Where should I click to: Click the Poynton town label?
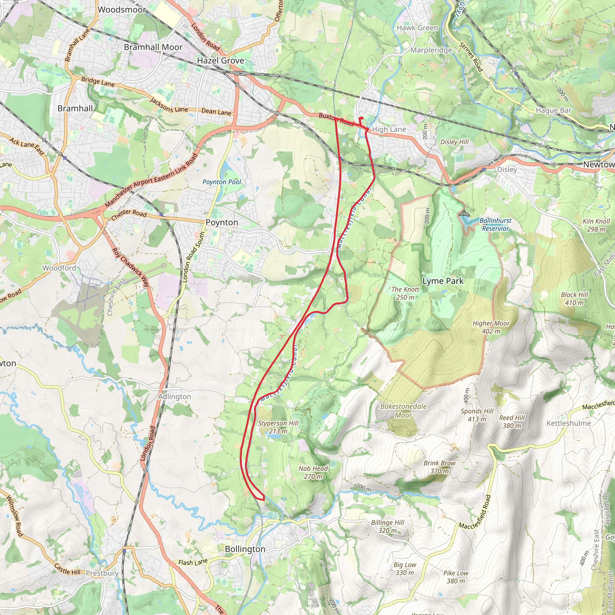[x=222, y=222]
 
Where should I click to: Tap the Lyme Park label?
[x=443, y=281]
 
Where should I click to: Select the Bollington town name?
[x=245, y=549]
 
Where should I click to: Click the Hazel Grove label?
[x=220, y=60]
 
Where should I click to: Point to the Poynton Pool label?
[x=222, y=182]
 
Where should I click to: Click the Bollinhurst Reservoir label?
[x=495, y=224]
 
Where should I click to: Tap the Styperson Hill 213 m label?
[x=278, y=427]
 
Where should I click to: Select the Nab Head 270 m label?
[x=313, y=472]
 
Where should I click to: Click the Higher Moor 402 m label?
[x=491, y=327]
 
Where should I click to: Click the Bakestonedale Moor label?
[x=403, y=411]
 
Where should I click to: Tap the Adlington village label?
[x=174, y=397]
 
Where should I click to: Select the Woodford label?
[x=59, y=268]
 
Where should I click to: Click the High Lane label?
[x=389, y=129]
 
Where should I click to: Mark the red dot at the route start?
[x=362, y=118]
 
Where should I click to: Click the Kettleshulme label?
[x=568, y=423]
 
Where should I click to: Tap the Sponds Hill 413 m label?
[x=477, y=415]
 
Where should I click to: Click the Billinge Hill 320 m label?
[x=387, y=526]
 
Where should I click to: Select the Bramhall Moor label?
[x=153, y=47]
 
